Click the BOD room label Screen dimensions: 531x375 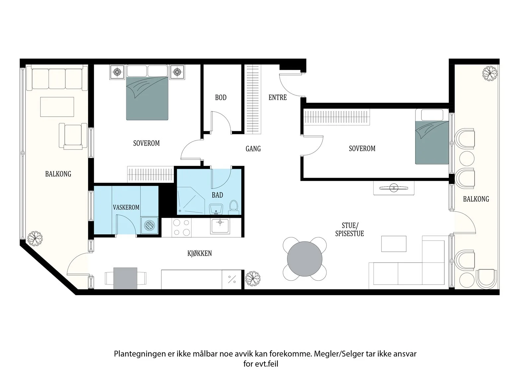pos(221,97)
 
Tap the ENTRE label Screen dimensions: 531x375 pos(277,97)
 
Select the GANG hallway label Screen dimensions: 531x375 pos(253,149)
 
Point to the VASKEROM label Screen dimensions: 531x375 pos(126,208)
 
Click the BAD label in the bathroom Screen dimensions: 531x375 pos(217,195)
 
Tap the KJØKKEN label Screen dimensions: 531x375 pos(199,253)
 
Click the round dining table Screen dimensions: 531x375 pos(305,259)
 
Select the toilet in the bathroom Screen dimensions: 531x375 pos(234,207)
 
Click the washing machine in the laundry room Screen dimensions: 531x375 pos(150,225)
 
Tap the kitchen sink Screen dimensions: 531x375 pos(220,226)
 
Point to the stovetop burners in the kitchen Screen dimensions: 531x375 pos(182,227)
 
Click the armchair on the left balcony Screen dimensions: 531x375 pos(73,136)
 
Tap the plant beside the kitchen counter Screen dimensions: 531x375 pos(253,279)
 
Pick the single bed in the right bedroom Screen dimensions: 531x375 pos(432,137)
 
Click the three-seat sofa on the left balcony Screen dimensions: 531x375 pos(57,78)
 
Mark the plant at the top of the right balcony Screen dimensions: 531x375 pos(490,74)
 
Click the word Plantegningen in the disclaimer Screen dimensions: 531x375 pos(140,354)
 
